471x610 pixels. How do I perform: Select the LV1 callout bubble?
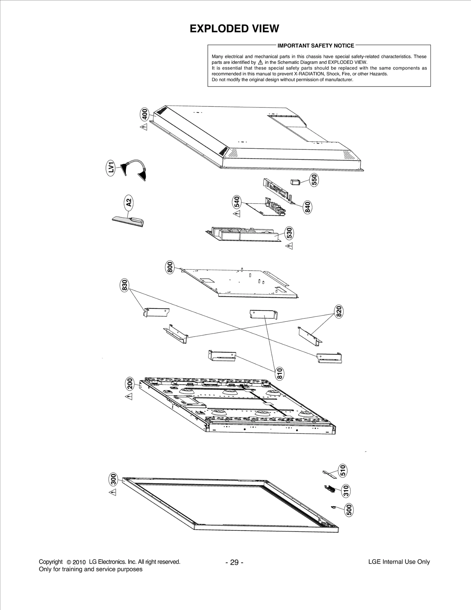pos(111,168)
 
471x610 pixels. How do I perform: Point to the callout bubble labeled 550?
pos(314,179)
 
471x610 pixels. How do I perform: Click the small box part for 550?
pos(295,182)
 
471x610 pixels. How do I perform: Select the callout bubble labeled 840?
pos(307,207)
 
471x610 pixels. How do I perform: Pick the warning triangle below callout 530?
pos(290,246)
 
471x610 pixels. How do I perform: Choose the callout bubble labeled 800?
pos(170,267)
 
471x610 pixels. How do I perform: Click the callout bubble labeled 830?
pos(125,285)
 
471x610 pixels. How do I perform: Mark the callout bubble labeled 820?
pos(339,312)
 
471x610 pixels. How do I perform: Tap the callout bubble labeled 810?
pos(279,373)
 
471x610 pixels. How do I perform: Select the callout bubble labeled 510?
pos(343,470)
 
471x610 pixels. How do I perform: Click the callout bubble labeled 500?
pos(349,510)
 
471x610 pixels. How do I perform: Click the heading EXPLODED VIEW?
pos(234,29)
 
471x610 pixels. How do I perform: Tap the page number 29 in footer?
pos(234,563)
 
